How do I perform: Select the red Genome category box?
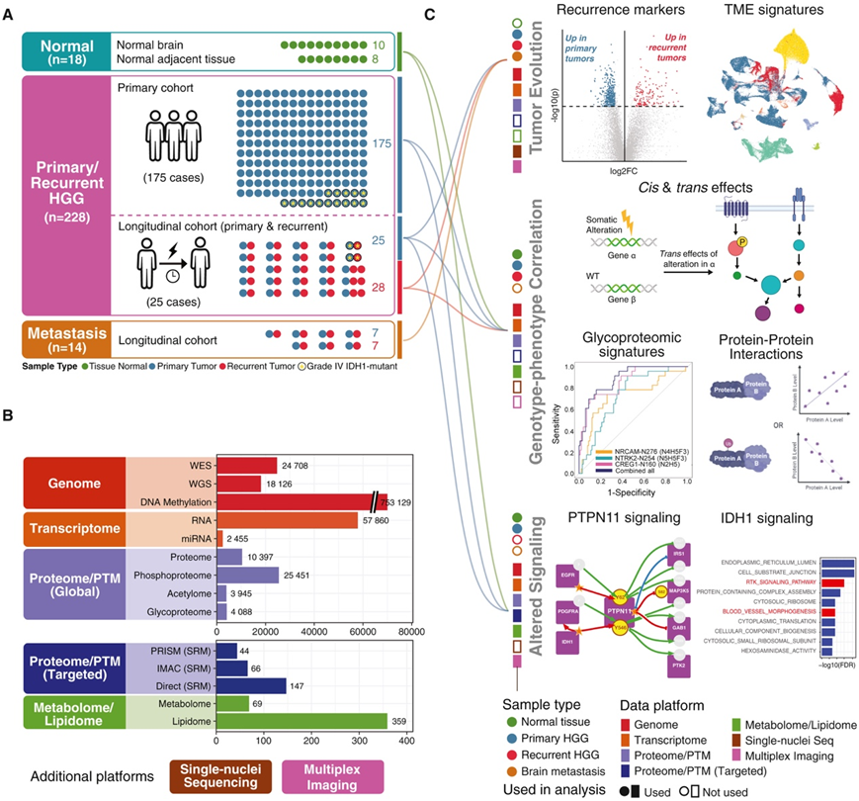(x=71, y=483)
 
